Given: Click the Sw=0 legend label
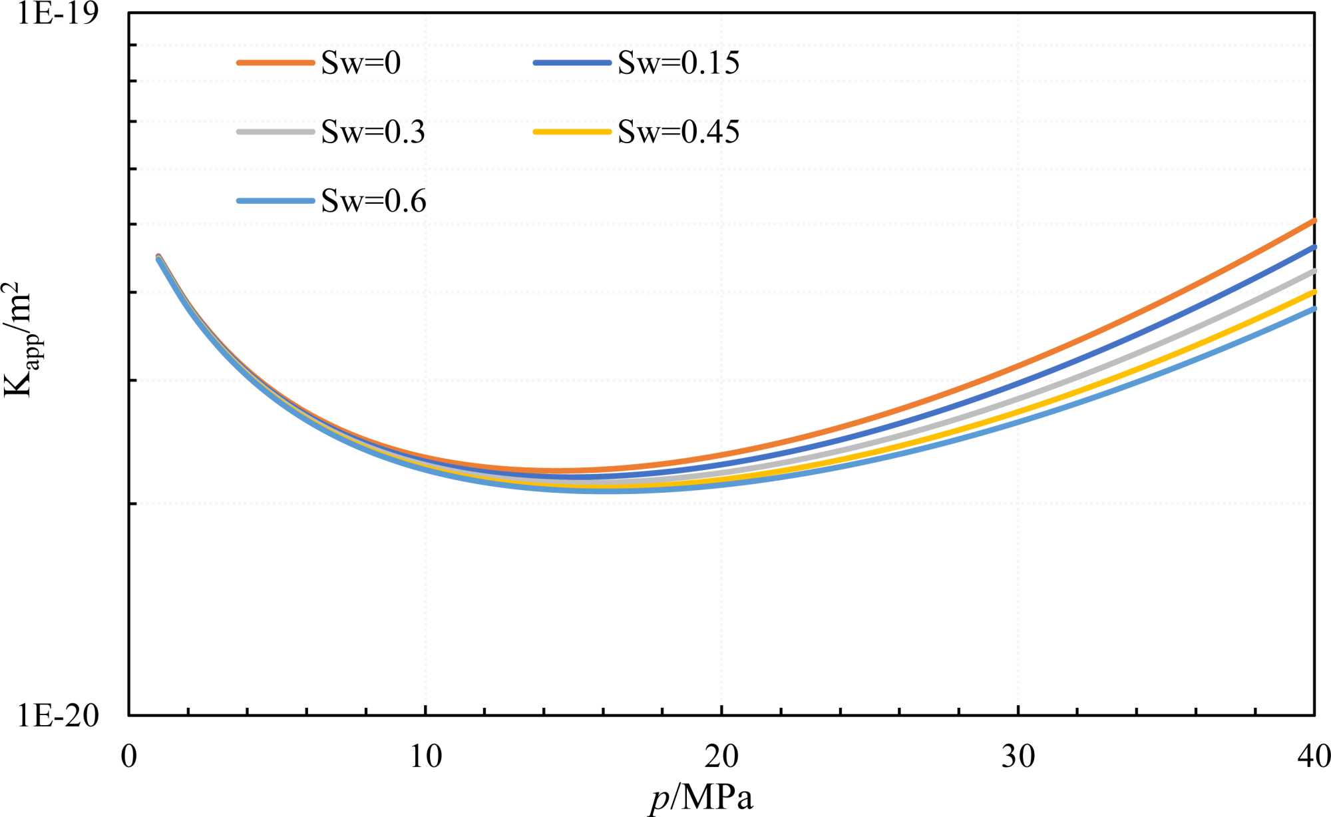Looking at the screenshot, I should (361, 63).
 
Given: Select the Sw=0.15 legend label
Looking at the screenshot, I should (678, 63).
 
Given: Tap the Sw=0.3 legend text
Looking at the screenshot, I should (373, 132).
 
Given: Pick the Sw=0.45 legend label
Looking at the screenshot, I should (678, 132).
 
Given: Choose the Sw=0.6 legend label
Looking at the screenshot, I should (373, 201).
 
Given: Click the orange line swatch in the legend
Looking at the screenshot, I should (276, 63).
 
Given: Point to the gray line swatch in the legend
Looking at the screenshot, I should (276, 132).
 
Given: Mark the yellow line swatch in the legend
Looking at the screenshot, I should (572, 132).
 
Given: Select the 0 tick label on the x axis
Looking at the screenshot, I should (129, 756).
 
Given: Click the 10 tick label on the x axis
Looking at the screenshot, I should (425, 756).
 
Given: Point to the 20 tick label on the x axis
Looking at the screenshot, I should (721, 756).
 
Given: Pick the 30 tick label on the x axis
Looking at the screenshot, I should (1018, 756).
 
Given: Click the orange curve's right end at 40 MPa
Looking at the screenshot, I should (1313, 220).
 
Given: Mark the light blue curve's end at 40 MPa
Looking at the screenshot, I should (1313, 309).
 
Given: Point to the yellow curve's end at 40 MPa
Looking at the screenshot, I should (1313, 292).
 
